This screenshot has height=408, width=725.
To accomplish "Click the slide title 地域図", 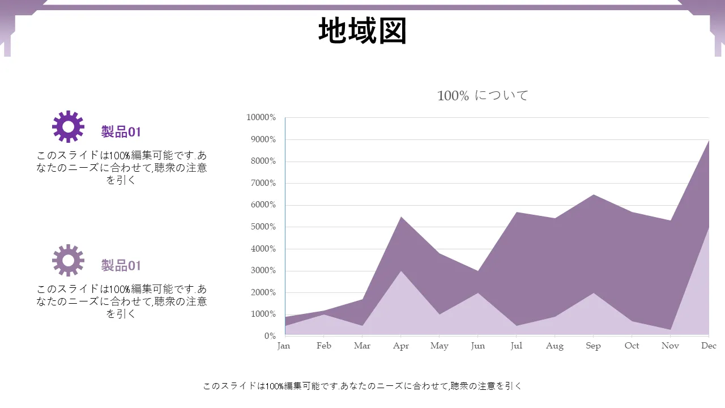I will [362, 31].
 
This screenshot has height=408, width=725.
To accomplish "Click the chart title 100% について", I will [483, 95].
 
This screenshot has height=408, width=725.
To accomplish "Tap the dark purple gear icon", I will [68, 126].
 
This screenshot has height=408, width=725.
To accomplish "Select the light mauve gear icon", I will [68, 260].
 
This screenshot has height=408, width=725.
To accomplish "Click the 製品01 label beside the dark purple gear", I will [121, 132].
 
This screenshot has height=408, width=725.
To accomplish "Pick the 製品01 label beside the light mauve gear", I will [121, 266].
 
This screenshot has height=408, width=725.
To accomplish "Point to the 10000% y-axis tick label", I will [261, 117].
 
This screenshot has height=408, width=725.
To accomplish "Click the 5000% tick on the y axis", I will [263, 227].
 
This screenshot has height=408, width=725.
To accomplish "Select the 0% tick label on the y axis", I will [270, 336].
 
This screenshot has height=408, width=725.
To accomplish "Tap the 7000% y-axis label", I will [263, 183].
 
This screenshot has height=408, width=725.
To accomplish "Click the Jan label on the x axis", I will [284, 346].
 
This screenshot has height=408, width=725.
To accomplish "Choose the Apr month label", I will [401, 346].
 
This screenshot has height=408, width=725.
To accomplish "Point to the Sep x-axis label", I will [593, 346].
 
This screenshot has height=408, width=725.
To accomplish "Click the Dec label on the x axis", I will [709, 346].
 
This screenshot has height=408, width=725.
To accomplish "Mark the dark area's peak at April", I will [400, 217].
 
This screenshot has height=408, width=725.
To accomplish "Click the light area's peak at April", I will [400, 271].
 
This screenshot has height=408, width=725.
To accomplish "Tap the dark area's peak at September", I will [593, 195].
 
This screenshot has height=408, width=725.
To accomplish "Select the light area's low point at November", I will [670, 329].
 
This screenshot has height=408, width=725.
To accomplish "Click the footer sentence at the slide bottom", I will [362, 386].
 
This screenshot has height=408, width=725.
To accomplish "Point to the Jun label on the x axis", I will [478, 346].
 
